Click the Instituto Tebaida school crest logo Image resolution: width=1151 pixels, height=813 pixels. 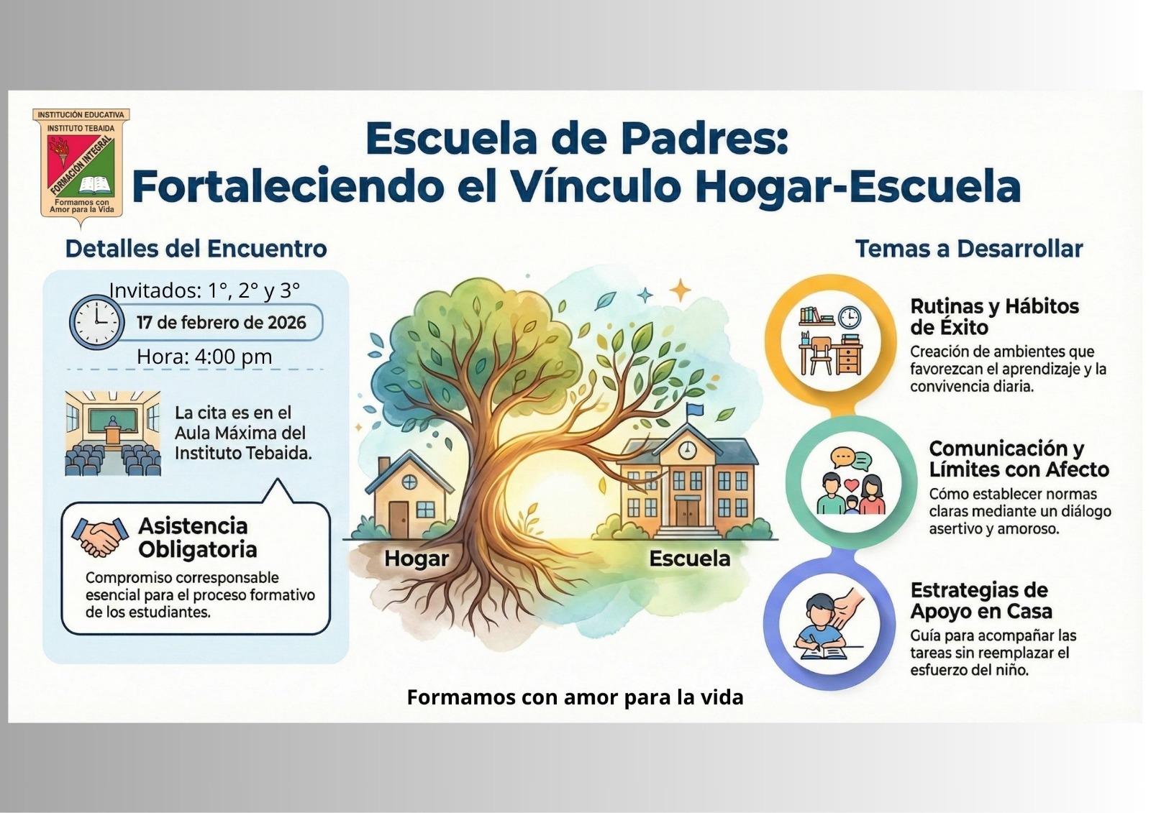[x=81, y=167]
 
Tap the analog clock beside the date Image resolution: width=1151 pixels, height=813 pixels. [x=97, y=322]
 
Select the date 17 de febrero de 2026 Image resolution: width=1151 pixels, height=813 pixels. [x=222, y=323]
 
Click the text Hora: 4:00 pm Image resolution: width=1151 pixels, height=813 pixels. [x=204, y=357]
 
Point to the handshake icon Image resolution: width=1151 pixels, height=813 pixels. [x=99, y=537]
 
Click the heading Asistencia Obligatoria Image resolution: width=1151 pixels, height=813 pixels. [x=198, y=538]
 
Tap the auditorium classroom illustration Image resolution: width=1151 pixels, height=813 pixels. [x=113, y=433]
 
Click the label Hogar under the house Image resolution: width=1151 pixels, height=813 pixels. [x=417, y=559]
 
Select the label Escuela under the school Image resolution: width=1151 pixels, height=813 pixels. [x=690, y=559]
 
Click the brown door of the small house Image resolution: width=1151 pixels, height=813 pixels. [x=399, y=519]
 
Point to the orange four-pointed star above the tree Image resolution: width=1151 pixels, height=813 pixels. [x=681, y=290]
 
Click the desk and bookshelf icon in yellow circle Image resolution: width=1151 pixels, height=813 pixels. [x=831, y=341]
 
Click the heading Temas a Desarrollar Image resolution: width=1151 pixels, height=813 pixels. [x=969, y=249]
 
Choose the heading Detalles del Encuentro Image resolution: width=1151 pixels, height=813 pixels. [x=196, y=249]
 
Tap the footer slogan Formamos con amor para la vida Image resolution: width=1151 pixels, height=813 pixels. [x=575, y=697]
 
